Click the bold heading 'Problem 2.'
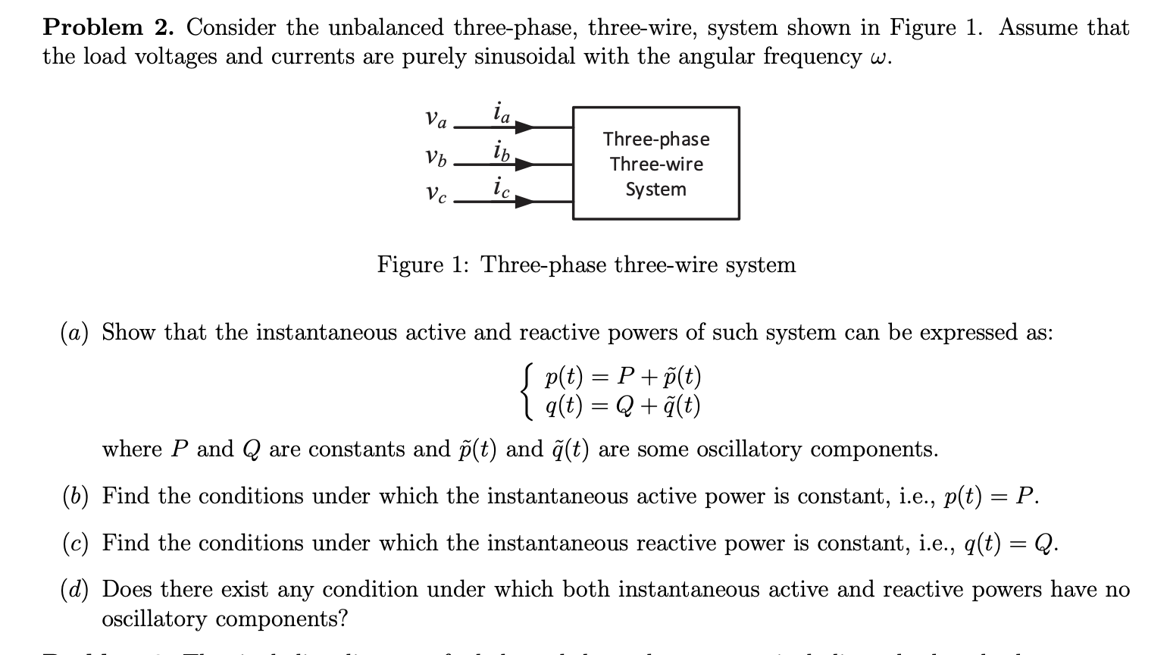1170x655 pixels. [108, 28]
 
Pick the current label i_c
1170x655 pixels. [501, 186]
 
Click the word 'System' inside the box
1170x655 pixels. [655, 190]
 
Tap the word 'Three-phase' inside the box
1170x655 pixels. [656, 139]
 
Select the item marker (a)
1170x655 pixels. [74, 333]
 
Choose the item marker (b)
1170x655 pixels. [74, 497]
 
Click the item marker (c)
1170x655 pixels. [74, 544]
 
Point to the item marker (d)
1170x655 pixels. [74, 590]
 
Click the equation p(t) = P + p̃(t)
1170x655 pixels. [623, 376]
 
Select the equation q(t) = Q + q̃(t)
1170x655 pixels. [623, 406]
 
